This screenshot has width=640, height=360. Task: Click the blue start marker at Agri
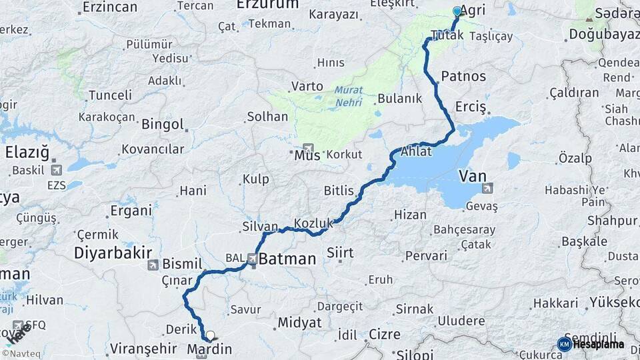(x=457, y=11)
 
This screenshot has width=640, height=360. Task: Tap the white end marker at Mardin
(x=211, y=336)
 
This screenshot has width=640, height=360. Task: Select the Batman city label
(x=287, y=259)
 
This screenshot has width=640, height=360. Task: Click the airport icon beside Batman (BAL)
(x=253, y=258)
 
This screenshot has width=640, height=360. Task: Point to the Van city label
(x=472, y=176)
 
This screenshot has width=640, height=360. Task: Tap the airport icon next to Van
(x=489, y=188)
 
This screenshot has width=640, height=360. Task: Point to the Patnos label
(x=463, y=76)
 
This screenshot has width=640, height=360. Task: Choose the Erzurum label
(x=267, y=5)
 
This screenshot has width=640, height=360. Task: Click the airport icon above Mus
(x=308, y=147)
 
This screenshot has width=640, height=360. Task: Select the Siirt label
(x=340, y=252)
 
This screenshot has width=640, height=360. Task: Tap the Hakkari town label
(x=555, y=303)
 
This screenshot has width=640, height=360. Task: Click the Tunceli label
(x=110, y=95)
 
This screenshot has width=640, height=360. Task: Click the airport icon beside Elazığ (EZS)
(x=55, y=170)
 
